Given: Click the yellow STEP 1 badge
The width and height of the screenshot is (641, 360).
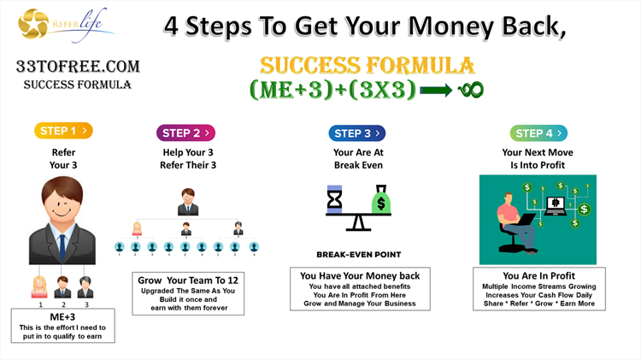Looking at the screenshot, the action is [x=63, y=131].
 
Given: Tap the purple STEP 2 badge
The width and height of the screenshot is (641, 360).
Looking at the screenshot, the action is [x=185, y=133].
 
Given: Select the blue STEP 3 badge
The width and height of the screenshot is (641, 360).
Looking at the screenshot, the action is [x=357, y=133].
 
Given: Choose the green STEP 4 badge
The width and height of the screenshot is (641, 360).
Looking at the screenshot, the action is [x=538, y=133].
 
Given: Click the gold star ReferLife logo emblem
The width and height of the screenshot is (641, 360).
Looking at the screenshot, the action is [x=33, y=24].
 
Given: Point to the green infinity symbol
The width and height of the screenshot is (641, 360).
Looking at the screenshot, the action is [x=471, y=90].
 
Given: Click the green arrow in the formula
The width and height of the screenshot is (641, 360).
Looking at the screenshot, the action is [x=436, y=90].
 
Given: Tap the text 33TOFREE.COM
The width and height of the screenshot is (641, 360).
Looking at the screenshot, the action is [x=78, y=67].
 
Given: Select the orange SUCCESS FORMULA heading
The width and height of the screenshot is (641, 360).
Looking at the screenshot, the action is [x=368, y=66].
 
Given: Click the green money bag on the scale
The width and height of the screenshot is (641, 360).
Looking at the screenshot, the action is [x=381, y=199].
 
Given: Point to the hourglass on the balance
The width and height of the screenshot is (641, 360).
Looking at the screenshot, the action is [x=334, y=199].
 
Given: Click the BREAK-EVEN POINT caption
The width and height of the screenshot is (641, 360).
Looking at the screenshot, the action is [x=358, y=255].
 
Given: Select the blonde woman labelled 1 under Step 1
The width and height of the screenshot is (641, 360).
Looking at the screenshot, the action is [x=39, y=286].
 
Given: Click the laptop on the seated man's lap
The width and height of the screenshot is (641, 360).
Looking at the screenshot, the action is [x=525, y=220].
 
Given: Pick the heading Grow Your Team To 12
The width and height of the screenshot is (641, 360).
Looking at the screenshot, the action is [x=188, y=280].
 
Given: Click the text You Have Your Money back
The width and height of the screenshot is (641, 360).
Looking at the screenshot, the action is [x=360, y=275].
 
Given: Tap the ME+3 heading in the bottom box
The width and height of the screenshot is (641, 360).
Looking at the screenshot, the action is [x=62, y=317].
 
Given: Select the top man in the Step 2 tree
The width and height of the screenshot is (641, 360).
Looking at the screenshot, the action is [x=188, y=202].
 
